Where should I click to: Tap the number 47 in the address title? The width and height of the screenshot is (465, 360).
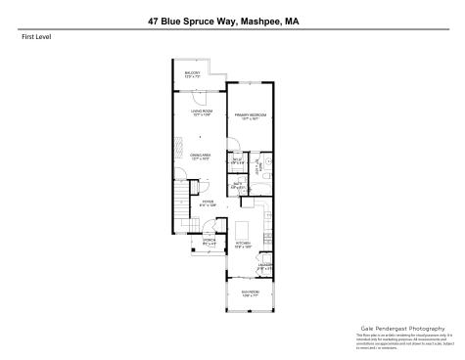154,17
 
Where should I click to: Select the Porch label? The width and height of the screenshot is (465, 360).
209,240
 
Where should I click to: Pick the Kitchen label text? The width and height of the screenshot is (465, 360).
244,245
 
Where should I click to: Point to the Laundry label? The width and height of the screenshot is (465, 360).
265,264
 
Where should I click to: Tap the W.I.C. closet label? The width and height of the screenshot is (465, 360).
237,161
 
